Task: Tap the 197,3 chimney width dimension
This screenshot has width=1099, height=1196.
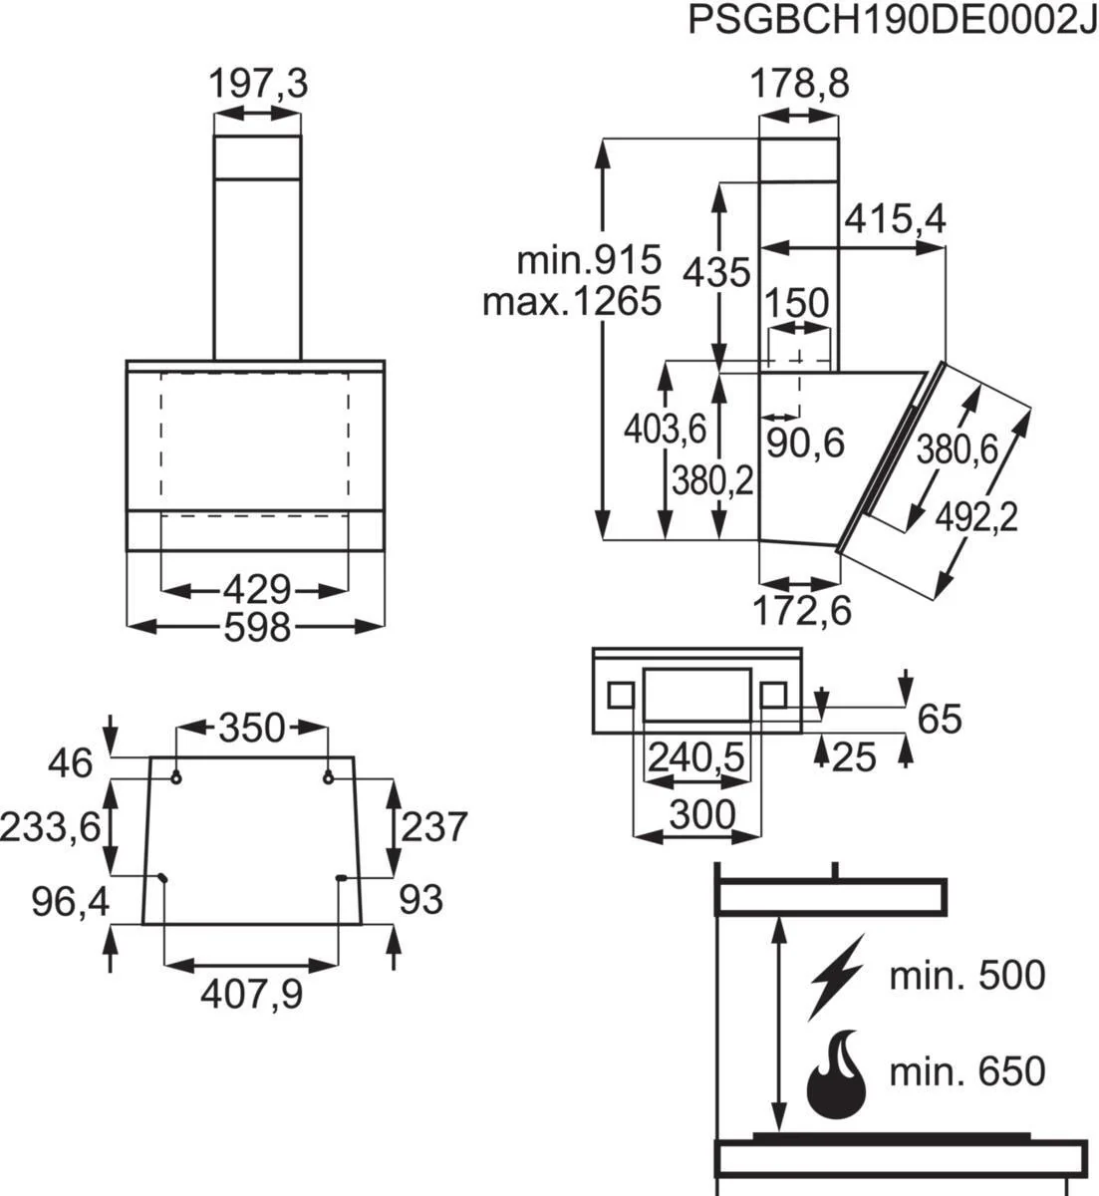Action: coord(258,85)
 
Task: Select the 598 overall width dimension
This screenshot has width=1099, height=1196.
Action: coord(256,627)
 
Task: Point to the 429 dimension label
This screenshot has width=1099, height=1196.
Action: coord(255,590)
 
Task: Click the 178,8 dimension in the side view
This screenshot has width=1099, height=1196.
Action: coord(799,85)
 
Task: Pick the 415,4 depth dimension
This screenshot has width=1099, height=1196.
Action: coord(894,219)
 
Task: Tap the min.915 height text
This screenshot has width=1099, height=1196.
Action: coord(589,261)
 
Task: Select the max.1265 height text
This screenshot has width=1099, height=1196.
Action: coord(572,300)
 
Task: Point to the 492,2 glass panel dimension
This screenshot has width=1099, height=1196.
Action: coord(976,517)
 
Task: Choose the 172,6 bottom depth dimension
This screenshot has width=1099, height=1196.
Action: coord(801,610)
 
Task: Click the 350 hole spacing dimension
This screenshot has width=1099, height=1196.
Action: coord(252,728)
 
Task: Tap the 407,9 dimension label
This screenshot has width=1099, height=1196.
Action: coord(252,993)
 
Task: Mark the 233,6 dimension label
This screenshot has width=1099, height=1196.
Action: coord(51,826)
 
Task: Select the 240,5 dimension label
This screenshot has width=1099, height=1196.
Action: coord(696,758)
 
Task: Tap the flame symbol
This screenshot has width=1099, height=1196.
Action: coord(836,1076)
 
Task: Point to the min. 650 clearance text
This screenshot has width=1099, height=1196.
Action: coord(967,1072)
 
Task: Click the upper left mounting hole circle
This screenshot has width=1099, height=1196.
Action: coord(176,777)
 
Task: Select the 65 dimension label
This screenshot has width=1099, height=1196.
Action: coord(938,718)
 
